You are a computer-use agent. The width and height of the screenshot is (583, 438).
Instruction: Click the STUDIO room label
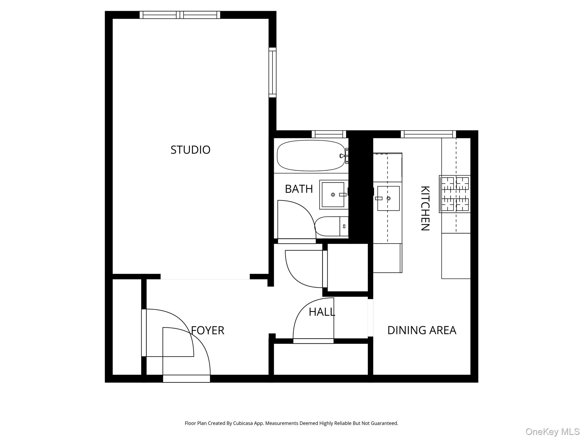click(x=190, y=150)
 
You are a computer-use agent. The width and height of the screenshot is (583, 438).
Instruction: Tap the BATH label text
click(x=299, y=189)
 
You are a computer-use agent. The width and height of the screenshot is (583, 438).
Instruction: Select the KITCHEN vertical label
click(x=425, y=208)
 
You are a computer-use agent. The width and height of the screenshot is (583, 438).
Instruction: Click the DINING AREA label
click(x=422, y=330)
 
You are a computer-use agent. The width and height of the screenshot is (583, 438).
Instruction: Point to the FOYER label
click(x=208, y=330)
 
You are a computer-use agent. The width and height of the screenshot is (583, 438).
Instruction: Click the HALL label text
click(x=322, y=312)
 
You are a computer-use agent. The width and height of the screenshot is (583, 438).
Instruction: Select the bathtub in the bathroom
click(x=311, y=155)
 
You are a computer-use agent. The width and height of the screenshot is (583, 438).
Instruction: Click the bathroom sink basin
click(x=333, y=195)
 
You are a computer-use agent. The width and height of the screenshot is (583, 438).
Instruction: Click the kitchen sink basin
click(x=388, y=198)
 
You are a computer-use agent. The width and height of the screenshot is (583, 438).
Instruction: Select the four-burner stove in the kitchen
click(x=455, y=194)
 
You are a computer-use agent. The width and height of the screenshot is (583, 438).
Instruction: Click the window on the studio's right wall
click(x=272, y=72)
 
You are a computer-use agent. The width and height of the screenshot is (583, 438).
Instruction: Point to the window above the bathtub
click(x=329, y=134)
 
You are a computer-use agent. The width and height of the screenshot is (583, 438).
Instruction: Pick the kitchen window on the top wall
click(x=428, y=134)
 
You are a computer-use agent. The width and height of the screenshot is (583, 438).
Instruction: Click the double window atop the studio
click(x=180, y=15)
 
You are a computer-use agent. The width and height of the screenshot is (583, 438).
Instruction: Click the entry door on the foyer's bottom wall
click(x=186, y=379)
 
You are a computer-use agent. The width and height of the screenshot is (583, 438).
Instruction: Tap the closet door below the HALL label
click(x=313, y=341)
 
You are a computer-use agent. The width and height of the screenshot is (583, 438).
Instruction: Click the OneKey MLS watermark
click(x=552, y=432)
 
